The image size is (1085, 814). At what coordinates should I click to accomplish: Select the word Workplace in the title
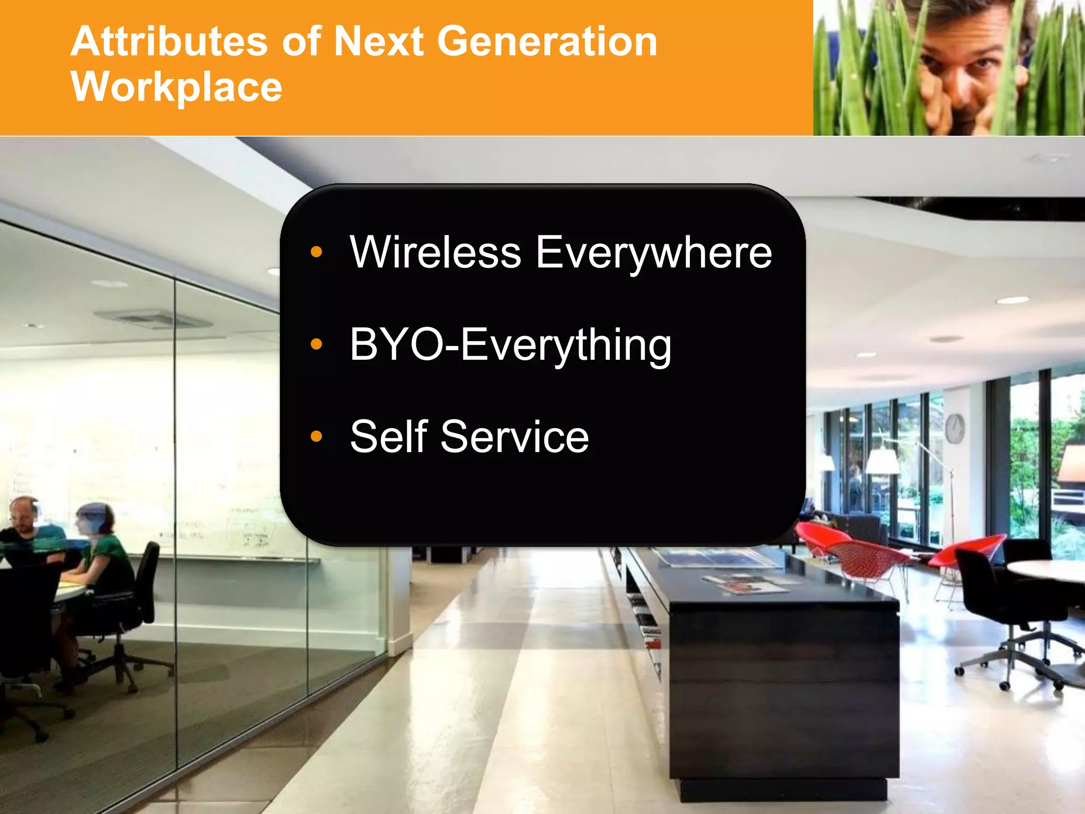click(176, 86)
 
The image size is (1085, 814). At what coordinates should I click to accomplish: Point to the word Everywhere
click(654, 253)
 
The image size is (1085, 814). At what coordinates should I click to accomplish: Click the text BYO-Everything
click(510, 345)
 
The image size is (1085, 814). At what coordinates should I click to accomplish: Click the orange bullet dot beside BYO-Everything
click(316, 344)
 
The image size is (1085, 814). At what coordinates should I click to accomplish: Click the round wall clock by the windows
click(955, 428)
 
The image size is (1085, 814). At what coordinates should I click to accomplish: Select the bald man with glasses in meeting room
click(24, 517)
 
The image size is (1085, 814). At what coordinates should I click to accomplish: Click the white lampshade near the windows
click(883, 461)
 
